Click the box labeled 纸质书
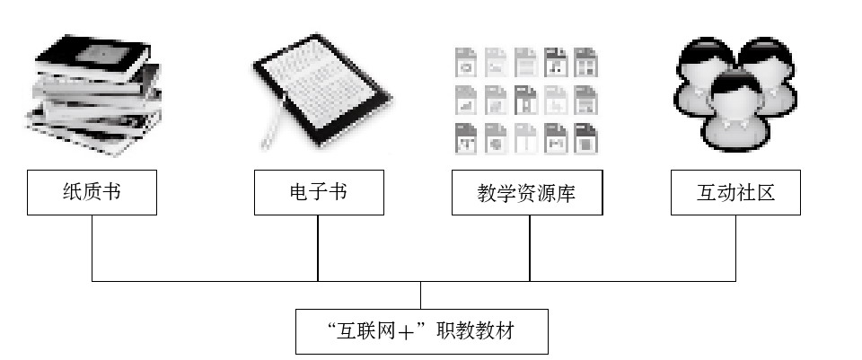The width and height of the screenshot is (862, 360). coord(92,192)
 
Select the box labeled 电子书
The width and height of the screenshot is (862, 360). coord(319,192)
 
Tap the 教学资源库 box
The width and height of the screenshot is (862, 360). coord(526,192)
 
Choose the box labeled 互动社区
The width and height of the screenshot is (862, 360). coord(735,192)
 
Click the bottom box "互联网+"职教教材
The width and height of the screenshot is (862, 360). coord(421,331)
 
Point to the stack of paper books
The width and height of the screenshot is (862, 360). coord(91,87)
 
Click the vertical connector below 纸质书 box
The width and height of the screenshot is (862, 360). coord(92,248)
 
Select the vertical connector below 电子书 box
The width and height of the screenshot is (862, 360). coord(318,248)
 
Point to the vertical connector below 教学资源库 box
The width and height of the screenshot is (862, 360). coord(530,248)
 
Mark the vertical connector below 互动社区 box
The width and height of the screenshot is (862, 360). coord(736,248)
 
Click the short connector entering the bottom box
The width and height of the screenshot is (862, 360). coord(421,295)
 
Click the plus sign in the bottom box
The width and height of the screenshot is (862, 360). coord(410,333)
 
